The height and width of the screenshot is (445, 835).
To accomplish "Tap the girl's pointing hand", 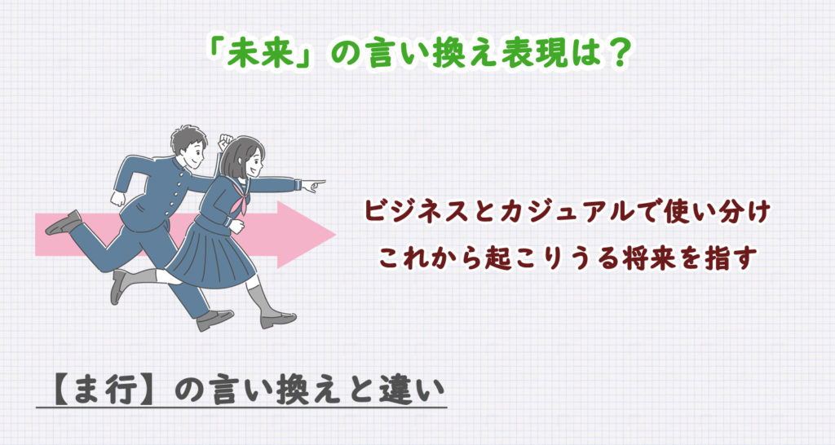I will pyautogui.click(x=312, y=186).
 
